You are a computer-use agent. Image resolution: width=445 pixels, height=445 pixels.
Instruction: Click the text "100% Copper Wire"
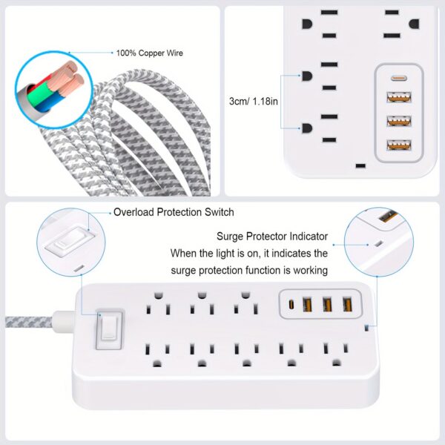point(149,53)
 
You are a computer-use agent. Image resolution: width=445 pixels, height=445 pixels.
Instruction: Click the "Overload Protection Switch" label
point(174,212)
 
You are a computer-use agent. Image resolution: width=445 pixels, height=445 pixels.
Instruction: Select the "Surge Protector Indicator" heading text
point(272,237)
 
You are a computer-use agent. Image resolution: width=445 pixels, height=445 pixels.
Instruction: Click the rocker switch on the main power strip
point(108,329)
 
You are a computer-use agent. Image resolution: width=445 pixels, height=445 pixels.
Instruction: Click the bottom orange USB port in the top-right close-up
point(400,145)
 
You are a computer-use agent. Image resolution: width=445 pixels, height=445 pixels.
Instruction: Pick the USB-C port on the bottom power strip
point(291,303)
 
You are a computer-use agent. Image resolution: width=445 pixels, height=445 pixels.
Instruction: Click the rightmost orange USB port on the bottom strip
point(345,303)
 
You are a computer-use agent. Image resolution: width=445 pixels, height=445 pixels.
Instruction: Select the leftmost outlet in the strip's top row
point(156,303)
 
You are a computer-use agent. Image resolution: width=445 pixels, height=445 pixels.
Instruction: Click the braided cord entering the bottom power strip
point(37,324)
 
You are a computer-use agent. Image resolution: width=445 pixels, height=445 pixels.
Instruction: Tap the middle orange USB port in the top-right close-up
point(400,120)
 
